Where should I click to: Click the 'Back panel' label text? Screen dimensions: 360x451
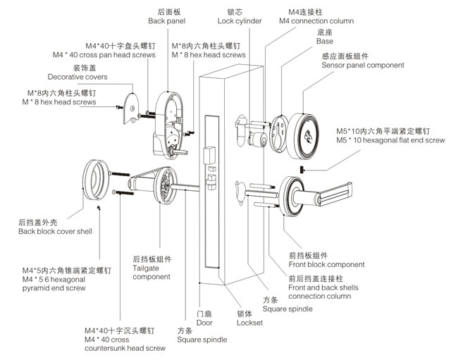click(166, 21)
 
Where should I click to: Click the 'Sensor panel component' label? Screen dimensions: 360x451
click(362, 65)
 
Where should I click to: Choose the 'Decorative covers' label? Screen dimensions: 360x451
click(78, 77)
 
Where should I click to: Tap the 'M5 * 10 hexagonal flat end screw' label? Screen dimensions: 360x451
click(400, 140)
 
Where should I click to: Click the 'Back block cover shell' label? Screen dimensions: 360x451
click(55, 231)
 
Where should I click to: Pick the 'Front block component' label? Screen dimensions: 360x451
click(327, 264)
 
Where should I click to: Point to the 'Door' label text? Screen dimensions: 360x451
click(204, 323)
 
